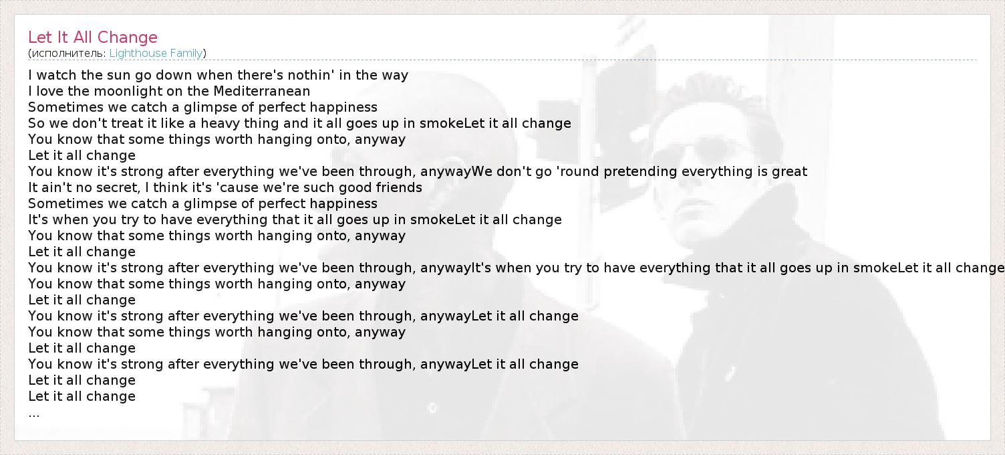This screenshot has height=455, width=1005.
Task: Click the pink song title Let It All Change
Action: pyautogui.click(x=93, y=37)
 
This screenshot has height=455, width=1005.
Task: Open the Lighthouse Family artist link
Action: pyautogui.click(x=156, y=53)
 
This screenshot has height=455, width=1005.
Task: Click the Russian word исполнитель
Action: pyautogui.click(x=68, y=54)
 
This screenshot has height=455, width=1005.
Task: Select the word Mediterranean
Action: pyautogui.click(x=261, y=91)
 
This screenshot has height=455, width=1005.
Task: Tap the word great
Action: pyautogui.click(x=789, y=171)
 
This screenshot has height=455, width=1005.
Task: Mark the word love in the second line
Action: pyautogui.click(x=50, y=91)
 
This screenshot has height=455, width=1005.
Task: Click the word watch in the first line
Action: pyautogui.click(x=57, y=74)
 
